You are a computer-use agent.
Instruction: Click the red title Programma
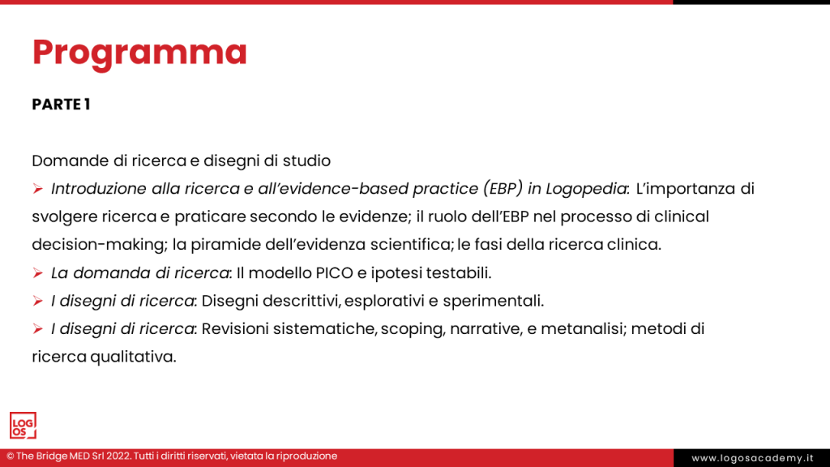pyautogui.click(x=139, y=53)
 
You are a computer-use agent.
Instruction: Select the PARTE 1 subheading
pyautogui.click(x=61, y=105)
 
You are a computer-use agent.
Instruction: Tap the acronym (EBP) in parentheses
pyautogui.click(x=504, y=189)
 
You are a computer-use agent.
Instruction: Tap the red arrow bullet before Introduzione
pyautogui.click(x=38, y=189)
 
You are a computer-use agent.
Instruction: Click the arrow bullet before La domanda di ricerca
pyautogui.click(x=38, y=272)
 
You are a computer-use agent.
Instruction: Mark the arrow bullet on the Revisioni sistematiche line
pyautogui.click(x=38, y=328)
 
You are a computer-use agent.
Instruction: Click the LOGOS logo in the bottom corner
pyautogui.click(x=23, y=426)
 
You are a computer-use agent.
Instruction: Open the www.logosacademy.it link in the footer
pyautogui.click(x=751, y=458)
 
